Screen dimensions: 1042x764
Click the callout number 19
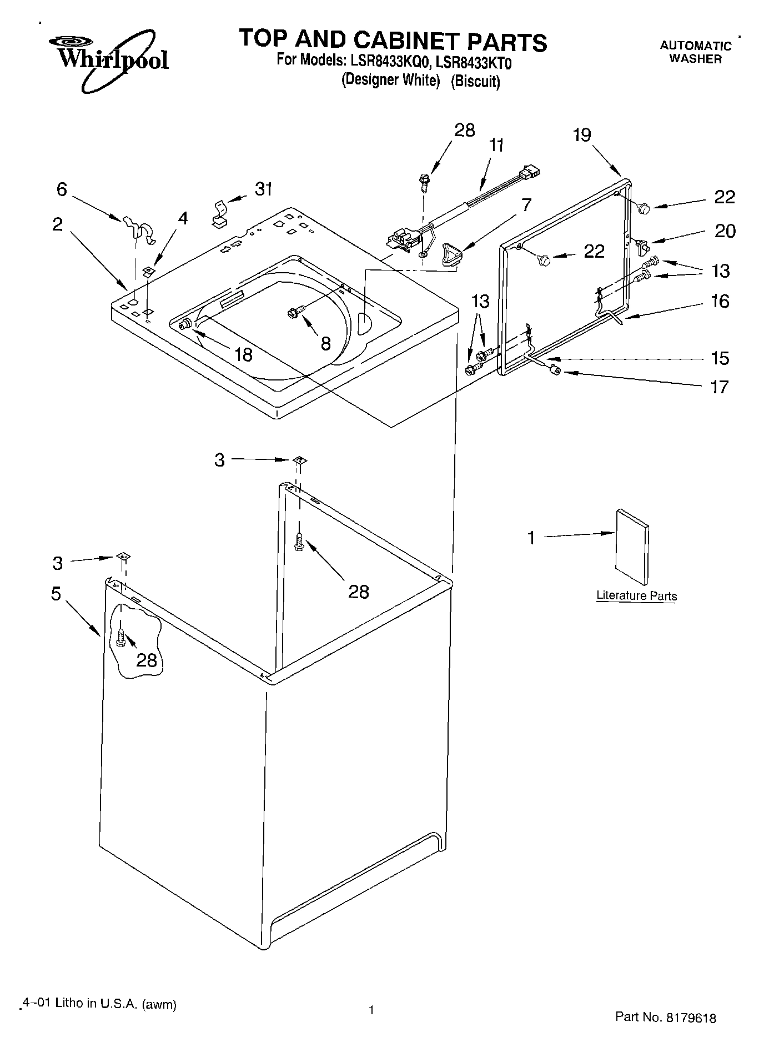click(582, 135)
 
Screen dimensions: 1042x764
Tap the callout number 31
click(264, 189)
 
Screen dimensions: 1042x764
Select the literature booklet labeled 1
click(631, 547)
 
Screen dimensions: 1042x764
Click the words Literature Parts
click(636, 596)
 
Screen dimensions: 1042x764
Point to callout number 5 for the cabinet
click(56, 593)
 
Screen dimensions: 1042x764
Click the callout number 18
click(243, 354)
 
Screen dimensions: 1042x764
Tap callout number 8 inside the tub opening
click(325, 343)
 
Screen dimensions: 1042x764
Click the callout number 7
click(526, 204)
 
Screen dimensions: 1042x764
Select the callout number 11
click(496, 146)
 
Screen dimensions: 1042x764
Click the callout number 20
click(725, 231)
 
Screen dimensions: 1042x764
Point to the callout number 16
click(720, 302)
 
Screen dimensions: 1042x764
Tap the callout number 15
click(720, 358)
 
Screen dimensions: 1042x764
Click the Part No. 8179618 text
click(665, 1017)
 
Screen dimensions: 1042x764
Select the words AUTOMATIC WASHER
click(695, 52)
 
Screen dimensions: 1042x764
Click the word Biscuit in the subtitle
click(475, 82)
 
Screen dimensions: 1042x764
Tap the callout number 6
click(62, 189)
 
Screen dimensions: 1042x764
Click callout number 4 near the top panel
click(183, 218)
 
